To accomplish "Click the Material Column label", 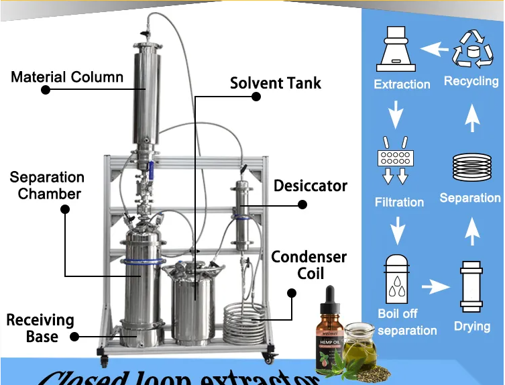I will (67, 76).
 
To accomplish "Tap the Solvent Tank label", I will (275, 84).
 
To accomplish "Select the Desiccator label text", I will (311, 186).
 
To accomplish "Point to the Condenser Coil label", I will (309, 265).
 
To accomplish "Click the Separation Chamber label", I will (46, 186).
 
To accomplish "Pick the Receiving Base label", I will (40, 328).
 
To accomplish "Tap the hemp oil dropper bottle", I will (329, 332).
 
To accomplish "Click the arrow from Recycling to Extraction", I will (434, 48).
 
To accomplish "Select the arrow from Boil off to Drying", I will (435, 287).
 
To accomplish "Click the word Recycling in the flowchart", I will (471, 82).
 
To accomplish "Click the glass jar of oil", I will (360, 342).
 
